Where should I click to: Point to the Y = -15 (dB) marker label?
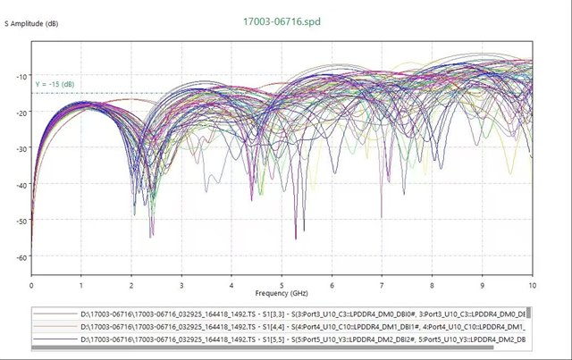pyautogui.click(x=55, y=85)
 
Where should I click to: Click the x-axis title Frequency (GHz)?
pyautogui.click(x=281, y=293)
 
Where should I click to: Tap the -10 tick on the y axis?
pyautogui.click(x=21, y=76)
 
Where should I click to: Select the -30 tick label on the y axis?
pyautogui.click(x=21, y=148)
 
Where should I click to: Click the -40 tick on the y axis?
pyautogui.click(x=21, y=185)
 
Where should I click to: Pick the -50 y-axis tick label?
pyautogui.click(x=21, y=221)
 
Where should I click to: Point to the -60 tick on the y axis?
pyautogui.click(x=21, y=257)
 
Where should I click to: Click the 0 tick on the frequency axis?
pyautogui.click(x=31, y=285)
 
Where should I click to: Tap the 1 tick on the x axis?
pyautogui.click(x=81, y=285)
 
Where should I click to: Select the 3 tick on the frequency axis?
pyautogui.click(x=181, y=285)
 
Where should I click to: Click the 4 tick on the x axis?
pyautogui.click(x=231, y=285)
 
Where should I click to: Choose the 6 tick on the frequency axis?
pyautogui.click(x=332, y=285)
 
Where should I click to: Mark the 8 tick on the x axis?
pyautogui.click(x=432, y=285)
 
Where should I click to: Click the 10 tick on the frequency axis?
pyautogui.click(x=532, y=285)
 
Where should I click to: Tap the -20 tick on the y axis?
pyautogui.click(x=21, y=113)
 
